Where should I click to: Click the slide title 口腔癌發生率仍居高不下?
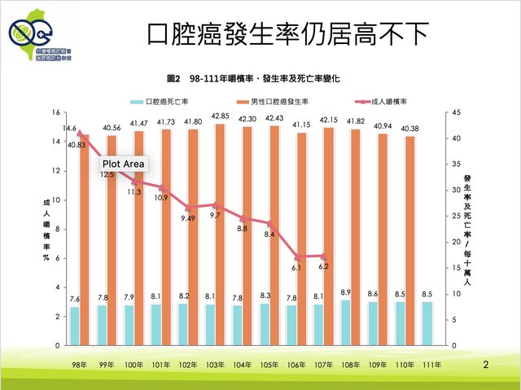[x=287, y=34]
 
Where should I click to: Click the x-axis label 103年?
[x=220, y=362]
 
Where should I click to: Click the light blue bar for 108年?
[x=346, y=322]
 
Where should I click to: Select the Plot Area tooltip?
[x=123, y=164]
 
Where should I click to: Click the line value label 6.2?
[x=323, y=266]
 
